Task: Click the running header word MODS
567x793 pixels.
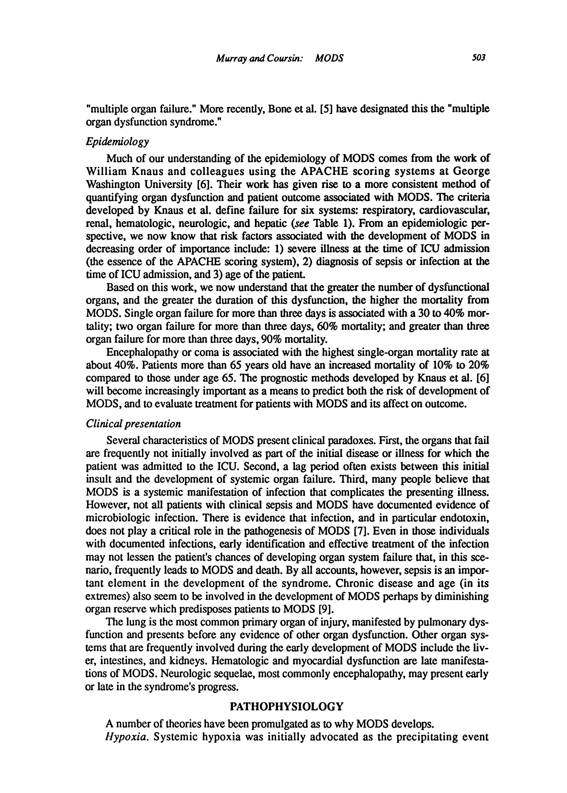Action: coord(329,59)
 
